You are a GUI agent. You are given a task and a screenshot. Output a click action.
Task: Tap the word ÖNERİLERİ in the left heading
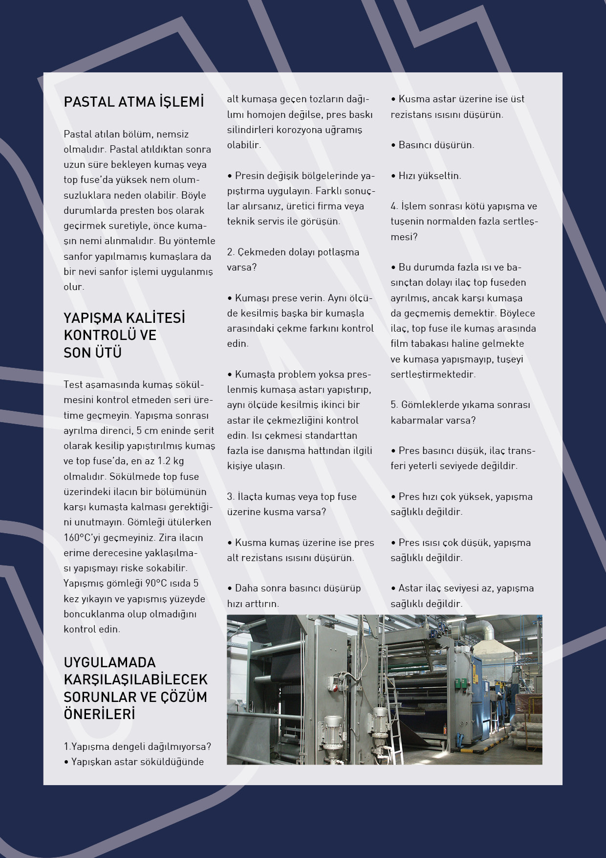pos(99,714)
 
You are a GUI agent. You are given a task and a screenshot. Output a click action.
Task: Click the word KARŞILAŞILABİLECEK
pos(135,679)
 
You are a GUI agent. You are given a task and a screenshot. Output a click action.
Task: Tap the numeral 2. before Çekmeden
pos(231,252)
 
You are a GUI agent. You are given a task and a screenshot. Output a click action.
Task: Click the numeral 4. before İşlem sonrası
pos(394,206)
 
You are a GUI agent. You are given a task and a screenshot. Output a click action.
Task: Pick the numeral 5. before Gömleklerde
pos(394,405)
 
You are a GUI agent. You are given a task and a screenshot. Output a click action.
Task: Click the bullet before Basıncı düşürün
pos(393,145)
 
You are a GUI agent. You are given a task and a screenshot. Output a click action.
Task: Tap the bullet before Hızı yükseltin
pos(393,176)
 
